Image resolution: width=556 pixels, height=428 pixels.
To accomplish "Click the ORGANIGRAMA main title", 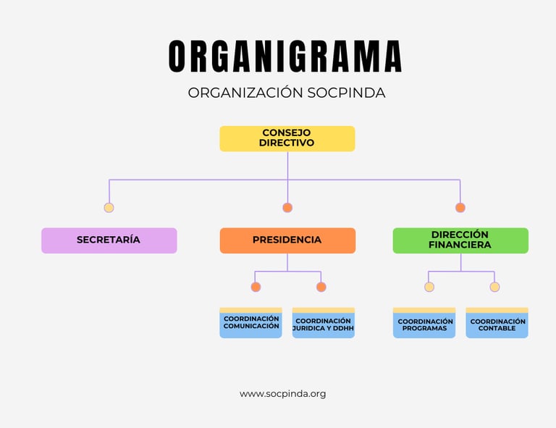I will tap(285, 56).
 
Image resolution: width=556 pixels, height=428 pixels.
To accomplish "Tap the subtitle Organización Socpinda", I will tap(287, 93).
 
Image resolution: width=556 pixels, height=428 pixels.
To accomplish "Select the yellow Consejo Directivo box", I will tap(287, 138).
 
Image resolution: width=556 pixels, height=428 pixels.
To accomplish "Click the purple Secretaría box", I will tap(109, 240).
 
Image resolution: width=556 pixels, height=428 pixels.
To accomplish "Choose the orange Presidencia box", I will tap(287, 240).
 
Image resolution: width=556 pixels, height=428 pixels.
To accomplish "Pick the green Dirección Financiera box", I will tap(460, 240).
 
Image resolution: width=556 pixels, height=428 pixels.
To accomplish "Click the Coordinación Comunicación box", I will tap(250, 323).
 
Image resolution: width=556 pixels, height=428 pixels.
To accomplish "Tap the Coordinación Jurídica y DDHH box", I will tap(324, 323).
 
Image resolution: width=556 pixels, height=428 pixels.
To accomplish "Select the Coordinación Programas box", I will tap(425, 323).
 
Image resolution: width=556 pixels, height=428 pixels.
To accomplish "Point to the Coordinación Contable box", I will tap(497, 323).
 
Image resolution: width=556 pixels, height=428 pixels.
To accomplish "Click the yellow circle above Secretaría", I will tap(109, 208).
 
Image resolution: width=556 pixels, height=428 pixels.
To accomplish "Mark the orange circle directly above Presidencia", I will tap(287, 208).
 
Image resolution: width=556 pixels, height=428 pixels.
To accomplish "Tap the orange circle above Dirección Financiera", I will tap(460, 208).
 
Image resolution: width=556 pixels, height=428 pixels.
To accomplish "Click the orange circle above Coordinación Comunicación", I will tap(256, 287).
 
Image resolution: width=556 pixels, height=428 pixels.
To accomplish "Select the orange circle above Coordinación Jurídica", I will tap(321, 287).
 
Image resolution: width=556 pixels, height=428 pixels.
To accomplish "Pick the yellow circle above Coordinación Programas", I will tap(429, 287).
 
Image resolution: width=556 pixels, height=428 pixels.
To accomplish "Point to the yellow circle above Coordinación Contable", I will tap(494, 287).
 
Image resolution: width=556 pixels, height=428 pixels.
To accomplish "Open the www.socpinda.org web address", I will tap(283, 394).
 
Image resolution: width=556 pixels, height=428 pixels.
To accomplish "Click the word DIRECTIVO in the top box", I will tap(287, 143).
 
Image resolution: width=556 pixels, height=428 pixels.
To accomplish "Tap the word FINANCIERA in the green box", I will tap(460, 246).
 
